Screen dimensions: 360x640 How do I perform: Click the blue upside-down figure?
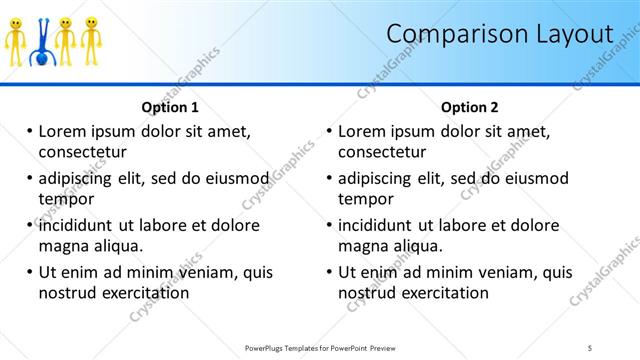tap(41, 43)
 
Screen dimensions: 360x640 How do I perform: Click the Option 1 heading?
tap(170, 107)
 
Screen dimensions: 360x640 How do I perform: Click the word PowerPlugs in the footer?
tap(268, 347)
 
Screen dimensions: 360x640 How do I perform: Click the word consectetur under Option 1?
tap(82, 152)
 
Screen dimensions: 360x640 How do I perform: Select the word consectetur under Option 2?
tap(382, 152)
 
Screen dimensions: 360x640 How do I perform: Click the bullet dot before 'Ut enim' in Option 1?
tap(30, 272)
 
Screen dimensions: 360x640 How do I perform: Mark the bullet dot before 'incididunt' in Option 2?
tap(329, 225)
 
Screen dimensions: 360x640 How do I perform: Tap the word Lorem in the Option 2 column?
tap(361, 131)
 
